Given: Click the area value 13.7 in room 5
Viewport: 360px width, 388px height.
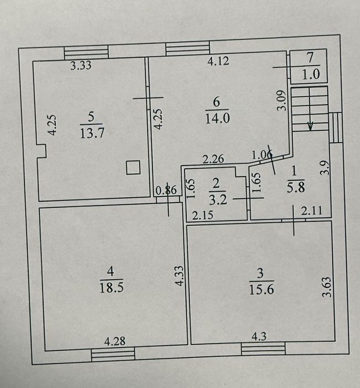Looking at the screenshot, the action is (x=92, y=133).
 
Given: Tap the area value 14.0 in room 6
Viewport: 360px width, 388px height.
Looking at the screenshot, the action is (x=217, y=118).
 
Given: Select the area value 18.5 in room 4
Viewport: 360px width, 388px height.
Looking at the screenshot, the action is (x=112, y=288).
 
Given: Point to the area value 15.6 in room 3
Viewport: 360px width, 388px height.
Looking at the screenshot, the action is (x=262, y=289).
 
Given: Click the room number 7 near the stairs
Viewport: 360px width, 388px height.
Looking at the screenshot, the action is (x=310, y=57).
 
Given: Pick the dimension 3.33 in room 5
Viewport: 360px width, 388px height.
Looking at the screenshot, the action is (x=81, y=65).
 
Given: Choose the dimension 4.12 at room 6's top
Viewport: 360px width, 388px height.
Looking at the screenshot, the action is (x=218, y=61).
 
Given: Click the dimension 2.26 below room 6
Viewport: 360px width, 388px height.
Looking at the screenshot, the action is (x=213, y=159).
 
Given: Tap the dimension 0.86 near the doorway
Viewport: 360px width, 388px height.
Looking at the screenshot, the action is (x=166, y=190).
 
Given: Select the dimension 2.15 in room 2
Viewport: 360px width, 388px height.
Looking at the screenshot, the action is (x=203, y=215).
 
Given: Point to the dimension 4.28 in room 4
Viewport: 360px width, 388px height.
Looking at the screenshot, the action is (x=114, y=341).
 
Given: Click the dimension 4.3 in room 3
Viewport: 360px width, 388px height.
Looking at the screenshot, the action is (x=259, y=336).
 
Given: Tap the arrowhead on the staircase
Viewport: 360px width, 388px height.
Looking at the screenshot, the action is (x=310, y=127).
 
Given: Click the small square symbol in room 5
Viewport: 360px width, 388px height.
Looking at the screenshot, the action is (x=133, y=168).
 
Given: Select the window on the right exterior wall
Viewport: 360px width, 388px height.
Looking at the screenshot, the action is (x=336, y=128).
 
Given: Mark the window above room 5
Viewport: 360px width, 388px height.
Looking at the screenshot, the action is (x=86, y=52).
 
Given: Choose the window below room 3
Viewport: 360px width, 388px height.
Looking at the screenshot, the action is (x=263, y=349).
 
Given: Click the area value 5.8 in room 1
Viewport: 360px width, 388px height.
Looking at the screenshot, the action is (x=296, y=187).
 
